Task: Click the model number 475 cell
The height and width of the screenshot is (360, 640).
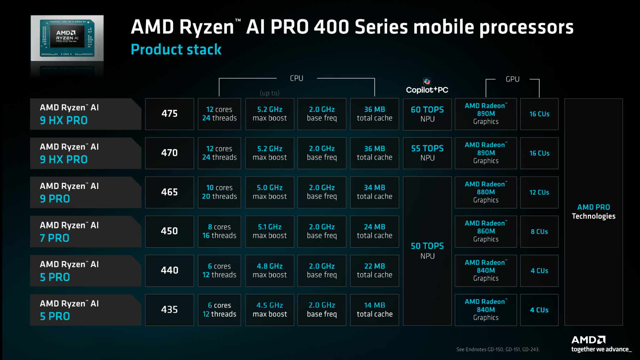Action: tap(169, 114)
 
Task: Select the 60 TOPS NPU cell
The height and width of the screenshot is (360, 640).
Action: tap(427, 114)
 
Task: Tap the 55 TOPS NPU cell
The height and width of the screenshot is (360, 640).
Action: tap(427, 153)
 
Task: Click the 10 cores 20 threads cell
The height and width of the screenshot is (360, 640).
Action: tap(219, 192)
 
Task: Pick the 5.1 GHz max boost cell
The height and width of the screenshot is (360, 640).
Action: tap(270, 231)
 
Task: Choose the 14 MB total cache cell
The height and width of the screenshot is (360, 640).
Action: tap(374, 310)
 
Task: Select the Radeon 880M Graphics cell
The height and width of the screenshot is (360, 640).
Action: tap(486, 192)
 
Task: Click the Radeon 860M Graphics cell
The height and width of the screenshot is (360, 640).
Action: tap(486, 231)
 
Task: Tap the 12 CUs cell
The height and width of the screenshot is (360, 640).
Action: tap(539, 192)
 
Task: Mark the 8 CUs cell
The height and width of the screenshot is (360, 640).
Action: tap(539, 231)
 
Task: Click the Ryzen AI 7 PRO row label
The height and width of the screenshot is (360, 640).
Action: tap(85, 231)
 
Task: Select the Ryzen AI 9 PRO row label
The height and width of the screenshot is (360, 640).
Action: tap(85, 192)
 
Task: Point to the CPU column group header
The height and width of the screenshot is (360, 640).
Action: tap(296, 78)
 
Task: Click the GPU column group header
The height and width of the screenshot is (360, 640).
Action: tap(512, 79)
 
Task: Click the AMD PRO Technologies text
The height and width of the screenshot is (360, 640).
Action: tap(594, 212)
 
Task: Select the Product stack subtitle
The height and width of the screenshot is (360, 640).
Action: tap(176, 50)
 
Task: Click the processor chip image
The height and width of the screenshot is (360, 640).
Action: tap(67, 38)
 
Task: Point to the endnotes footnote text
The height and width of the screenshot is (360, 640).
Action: tap(497, 350)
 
